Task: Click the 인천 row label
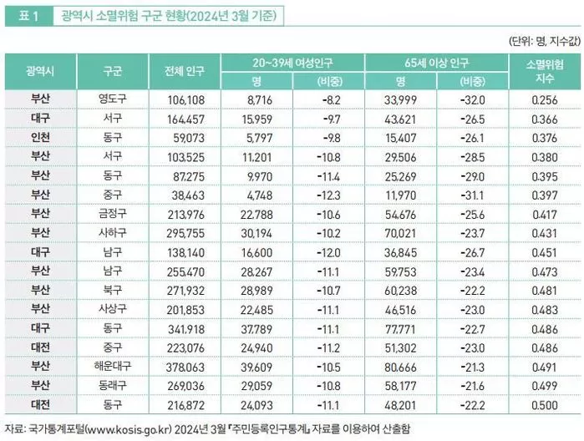[x=40, y=137]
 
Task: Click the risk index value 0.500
[x=544, y=403]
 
